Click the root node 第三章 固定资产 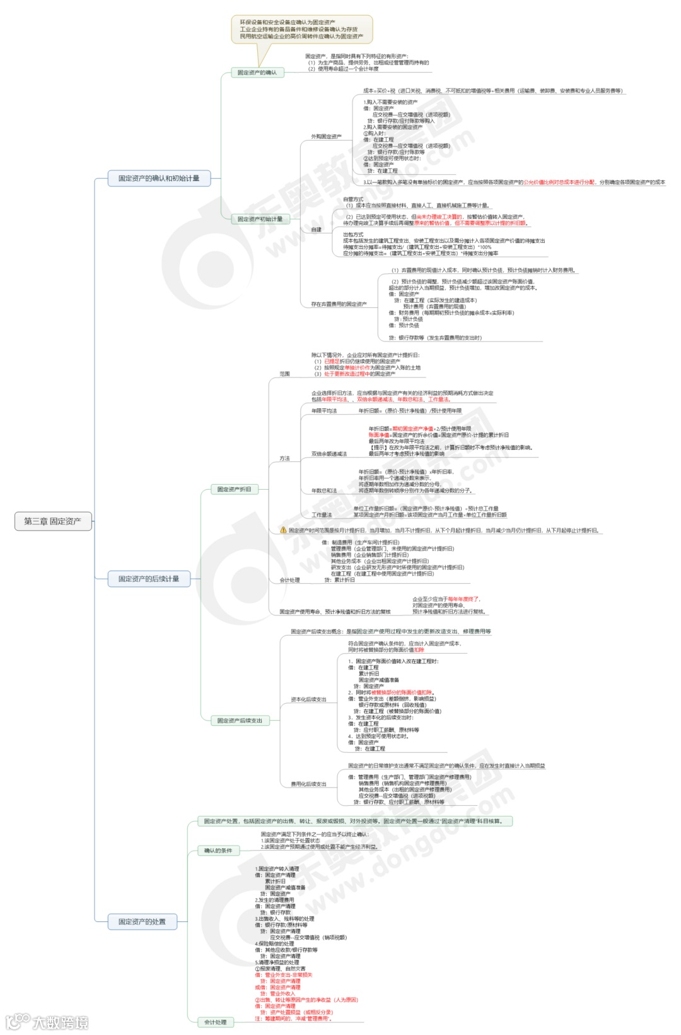click(52, 521)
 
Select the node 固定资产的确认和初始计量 click(158, 179)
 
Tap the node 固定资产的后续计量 click(149, 579)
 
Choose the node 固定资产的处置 click(142, 921)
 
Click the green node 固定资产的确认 click(257, 73)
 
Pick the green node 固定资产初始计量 click(260, 219)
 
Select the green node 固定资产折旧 click(234, 489)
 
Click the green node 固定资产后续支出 click(240, 720)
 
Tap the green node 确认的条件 click(218, 851)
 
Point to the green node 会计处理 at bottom click(216, 1022)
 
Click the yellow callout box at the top click(301, 29)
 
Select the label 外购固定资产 click(326, 136)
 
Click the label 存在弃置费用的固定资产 click(339, 304)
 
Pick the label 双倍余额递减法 click(329, 454)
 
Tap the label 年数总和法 click(324, 490)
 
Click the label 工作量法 click(322, 515)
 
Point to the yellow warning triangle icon click(283, 530)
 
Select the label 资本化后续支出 click(308, 699)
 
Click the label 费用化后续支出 click(308, 784)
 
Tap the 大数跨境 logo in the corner click(47, 1022)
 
